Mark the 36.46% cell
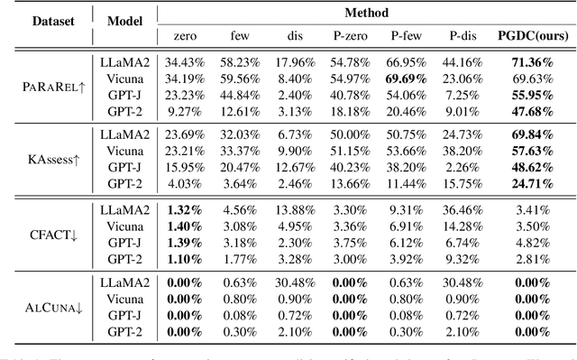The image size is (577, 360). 465,210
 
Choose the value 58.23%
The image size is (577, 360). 237,61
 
